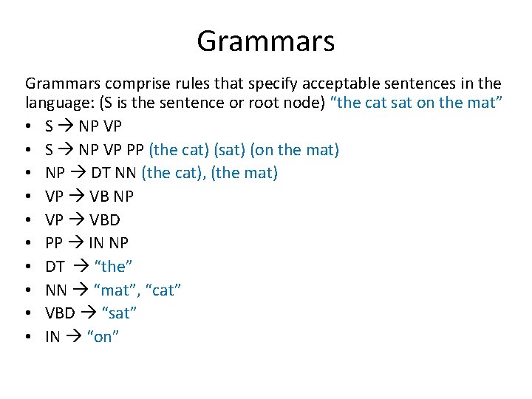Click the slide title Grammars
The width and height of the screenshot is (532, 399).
tap(265, 41)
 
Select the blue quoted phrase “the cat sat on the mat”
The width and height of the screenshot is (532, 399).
tap(418, 103)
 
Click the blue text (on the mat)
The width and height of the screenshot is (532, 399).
tap(295, 150)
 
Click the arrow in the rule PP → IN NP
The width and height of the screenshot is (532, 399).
tap(79, 243)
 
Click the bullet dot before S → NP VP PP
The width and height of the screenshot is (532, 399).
tap(28, 150)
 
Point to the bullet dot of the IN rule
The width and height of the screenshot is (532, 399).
tap(28, 337)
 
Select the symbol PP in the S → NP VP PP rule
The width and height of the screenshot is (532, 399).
tap(134, 150)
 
